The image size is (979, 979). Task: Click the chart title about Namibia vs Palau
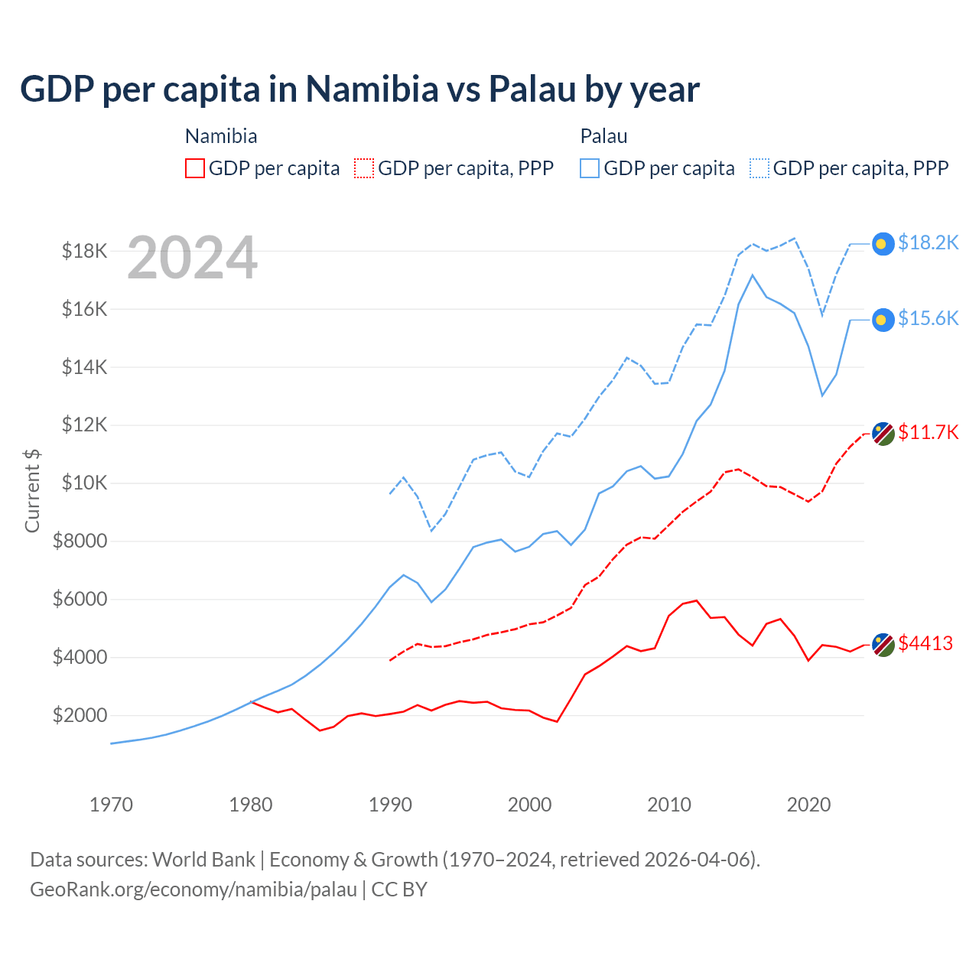pyautogui.click(x=359, y=89)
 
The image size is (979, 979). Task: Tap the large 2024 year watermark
pyautogui.click(x=192, y=259)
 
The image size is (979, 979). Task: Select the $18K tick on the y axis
pyautogui.click(x=85, y=251)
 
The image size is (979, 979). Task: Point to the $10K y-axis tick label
pyautogui.click(x=85, y=483)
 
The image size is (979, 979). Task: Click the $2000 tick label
pyautogui.click(x=80, y=715)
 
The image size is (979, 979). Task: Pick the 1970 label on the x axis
pyautogui.click(x=112, y=805)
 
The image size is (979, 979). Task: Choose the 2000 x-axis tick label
pyautogui.click(x=530, y=805)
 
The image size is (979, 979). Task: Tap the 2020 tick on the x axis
pyautogui.click(x=809, y=805)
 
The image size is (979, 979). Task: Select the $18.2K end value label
pyautogui.click(x=928, y=243)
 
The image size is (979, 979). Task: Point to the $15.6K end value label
pyautogui.click(x=928, y=319)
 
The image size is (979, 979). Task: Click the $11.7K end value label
pyautogui.click(x=928, y=433)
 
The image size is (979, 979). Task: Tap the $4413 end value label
pyautogui.click(x=925, y=644)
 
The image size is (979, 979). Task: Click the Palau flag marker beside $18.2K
pyautogui.click(x=883, y=244)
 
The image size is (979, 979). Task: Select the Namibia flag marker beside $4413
pyautogui.click(x=883, y=645)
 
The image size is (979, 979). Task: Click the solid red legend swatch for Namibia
pyautogui.click(x=195, y=168)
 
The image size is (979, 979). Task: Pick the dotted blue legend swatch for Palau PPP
pyautogui.click(x=759, y=168)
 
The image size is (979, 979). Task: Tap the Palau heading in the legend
pyautogui.click(x=604, y=137)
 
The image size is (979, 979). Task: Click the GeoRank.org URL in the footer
pyautogui.click(x=194, y=890)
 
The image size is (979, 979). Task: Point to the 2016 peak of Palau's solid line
pyautogui.click(x=753, y=275)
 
